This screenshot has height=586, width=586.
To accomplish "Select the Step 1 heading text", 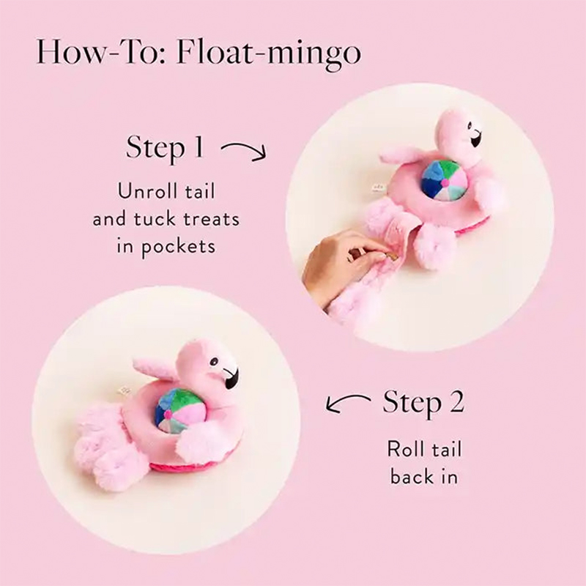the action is pyautogui.click(x=165, y=148).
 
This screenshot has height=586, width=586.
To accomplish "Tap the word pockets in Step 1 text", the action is pyautogui.click(x=178, y=247).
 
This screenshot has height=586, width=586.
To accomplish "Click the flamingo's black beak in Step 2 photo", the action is pyautogui.click(x=231, y=377).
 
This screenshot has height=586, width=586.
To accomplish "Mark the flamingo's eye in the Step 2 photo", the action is pyautogui.click(x=214, y=361).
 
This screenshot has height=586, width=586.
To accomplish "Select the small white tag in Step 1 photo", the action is pyautogui.click(x=376, y=188).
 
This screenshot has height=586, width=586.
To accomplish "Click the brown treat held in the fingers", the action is pyautogui.click(x=390, y=257).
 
